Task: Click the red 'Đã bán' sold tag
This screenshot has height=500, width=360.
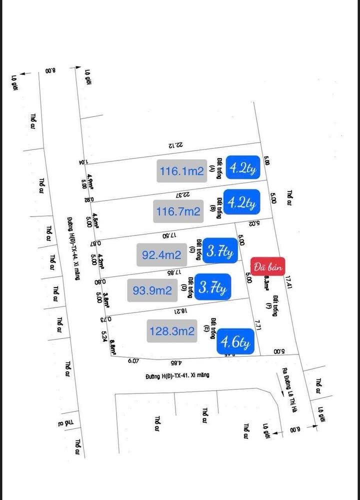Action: tap(268, 266)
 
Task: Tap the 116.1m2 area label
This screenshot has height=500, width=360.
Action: tap(182, 171)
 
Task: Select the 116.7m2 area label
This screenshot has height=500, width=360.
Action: tap(178, 212)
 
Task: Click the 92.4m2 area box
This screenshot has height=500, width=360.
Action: tap(161, 255)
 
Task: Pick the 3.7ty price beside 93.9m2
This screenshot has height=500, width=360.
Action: tap(213, 287)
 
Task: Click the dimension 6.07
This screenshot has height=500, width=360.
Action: tap(133, 360)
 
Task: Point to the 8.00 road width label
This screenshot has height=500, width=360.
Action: tap(51, 71)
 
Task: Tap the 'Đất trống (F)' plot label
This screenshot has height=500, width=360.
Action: tap(271, 305)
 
